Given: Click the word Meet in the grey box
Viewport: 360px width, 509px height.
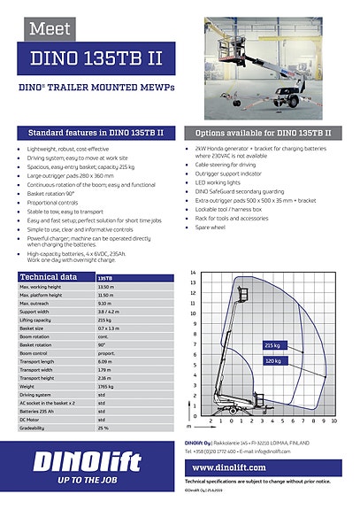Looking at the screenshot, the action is (50, 29).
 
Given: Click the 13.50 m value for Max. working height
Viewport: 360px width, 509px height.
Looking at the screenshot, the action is (107, 287).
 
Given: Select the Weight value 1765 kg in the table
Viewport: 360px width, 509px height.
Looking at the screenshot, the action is (106, 387).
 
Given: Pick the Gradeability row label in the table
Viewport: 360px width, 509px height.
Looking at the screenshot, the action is (35, 428).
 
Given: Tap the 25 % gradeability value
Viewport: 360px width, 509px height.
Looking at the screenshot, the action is (103, 428).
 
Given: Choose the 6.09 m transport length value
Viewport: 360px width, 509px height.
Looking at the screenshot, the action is (105, 362).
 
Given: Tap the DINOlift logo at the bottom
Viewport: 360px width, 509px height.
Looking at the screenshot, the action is (85, 461).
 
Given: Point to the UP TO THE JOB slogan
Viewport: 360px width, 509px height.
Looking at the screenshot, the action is (73, 479).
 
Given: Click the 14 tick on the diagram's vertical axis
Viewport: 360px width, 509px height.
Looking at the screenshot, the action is (193, 274).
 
